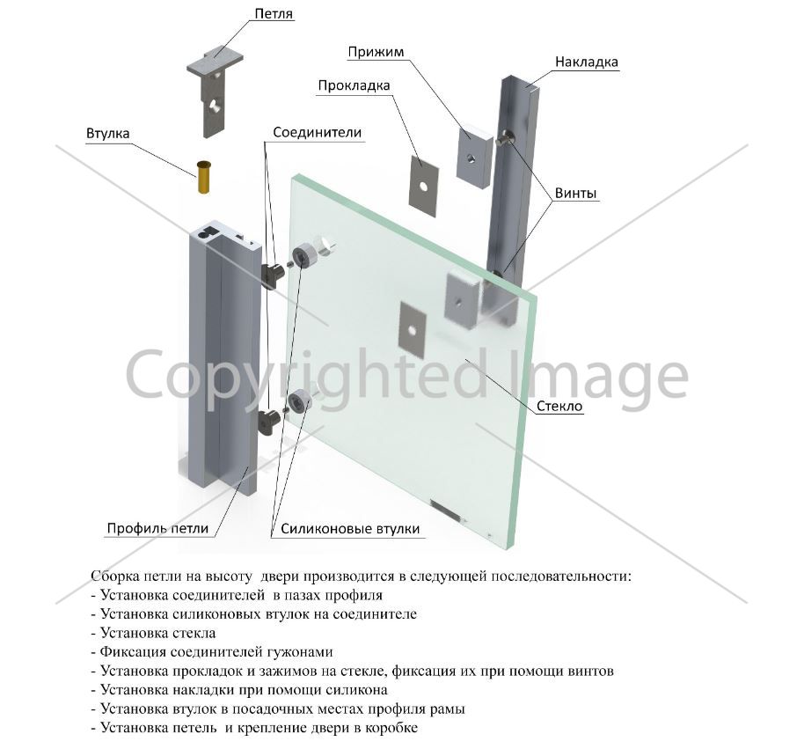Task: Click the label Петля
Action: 274,13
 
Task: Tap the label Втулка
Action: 107,134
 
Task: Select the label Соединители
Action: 318,132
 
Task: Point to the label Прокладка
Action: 354,85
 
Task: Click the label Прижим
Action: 376,52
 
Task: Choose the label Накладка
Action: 587,62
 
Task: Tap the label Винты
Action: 576,194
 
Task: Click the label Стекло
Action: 559,407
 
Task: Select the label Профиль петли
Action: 157,528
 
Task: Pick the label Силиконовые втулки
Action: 350,529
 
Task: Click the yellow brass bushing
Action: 204,177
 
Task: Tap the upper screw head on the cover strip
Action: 505,137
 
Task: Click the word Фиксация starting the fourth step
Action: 133,651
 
